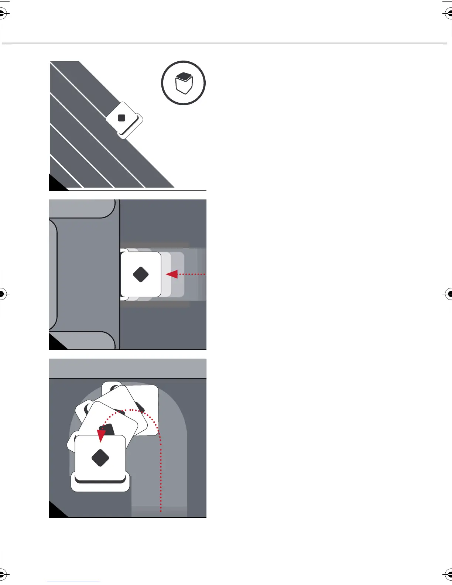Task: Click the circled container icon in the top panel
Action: pyautogui.click(x=184, y=83)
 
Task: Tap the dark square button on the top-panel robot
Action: pyautogui.click(x=121, y=118)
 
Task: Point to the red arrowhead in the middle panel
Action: pyautogui.click(x=172, y=274)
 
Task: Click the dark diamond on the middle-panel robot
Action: pyautogui.click(x=141, y=274)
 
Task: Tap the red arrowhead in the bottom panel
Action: pyautogui.click(x=101, y=435)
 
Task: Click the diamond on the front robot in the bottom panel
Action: pyautogui.click(x=100, y=458)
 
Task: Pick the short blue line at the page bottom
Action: pyautogui.click(x=73, y=582)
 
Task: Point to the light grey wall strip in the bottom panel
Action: pyautogui.click(x=128, y=368)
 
